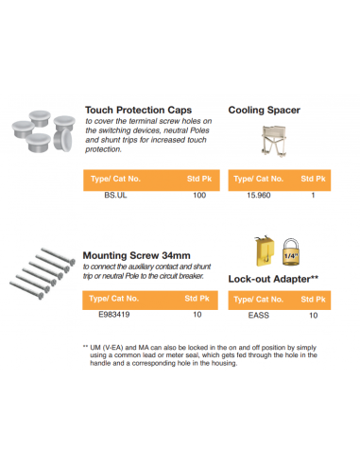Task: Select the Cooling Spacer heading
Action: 265,110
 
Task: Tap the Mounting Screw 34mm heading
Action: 137,254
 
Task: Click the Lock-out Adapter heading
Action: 272,280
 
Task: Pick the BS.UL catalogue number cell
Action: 114,196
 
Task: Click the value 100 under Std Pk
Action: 198,196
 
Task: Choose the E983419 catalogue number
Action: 114,317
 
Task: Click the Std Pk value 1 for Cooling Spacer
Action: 312,196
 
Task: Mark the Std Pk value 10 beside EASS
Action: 312,317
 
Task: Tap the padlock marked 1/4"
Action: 292,252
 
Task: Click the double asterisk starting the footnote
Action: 86,346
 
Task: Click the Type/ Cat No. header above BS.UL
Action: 114,178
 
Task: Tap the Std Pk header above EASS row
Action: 312,300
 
